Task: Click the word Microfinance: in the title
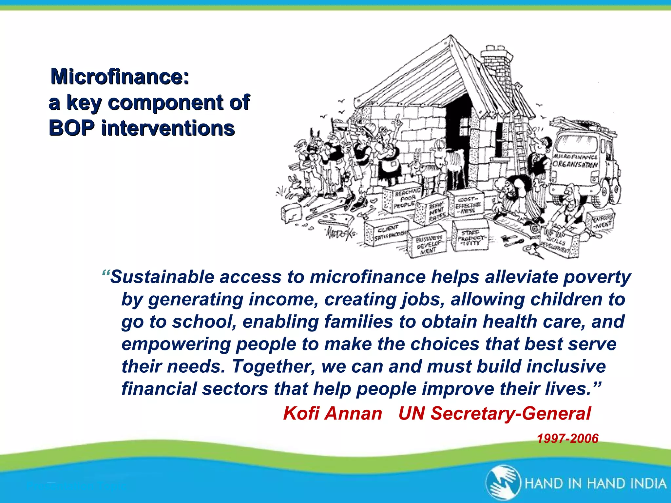pyautogui.click(x=120, y=77)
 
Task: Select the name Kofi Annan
pyautogui.click(x=333, y=413)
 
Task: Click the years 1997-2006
pyautogui.click(x=567, y=438)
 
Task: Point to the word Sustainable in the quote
pyautogui.click(x=163, y=277)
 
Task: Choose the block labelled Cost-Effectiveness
pyautogui.click(x=467, y=204)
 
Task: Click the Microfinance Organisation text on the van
pyautogui.click(x=575, y=160)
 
